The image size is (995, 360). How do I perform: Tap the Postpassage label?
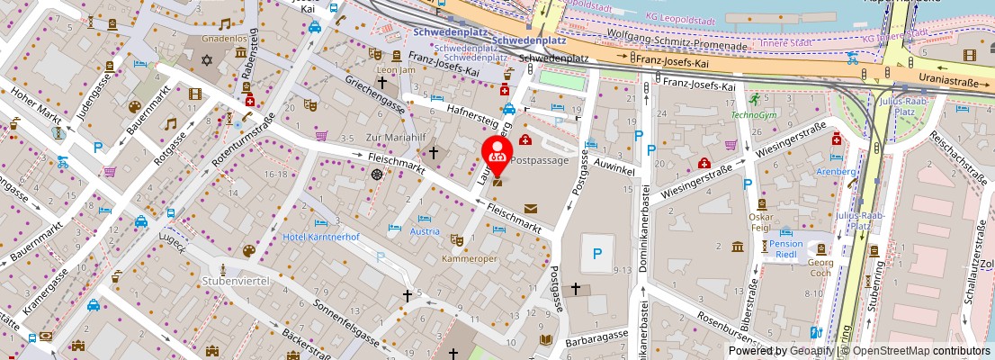point(540,159)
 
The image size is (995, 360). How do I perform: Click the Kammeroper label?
point(470,257)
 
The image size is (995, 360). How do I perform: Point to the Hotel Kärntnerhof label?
point(321,237)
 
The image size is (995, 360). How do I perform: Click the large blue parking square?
point(596,255)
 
